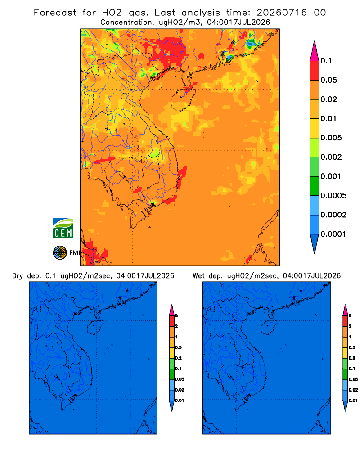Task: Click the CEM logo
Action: pos(63,229)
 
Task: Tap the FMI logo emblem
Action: pos(60,252)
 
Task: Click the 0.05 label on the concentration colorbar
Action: pos(328,80)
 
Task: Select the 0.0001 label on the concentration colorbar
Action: pos(333,234)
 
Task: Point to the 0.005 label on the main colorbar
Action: pos(331,138)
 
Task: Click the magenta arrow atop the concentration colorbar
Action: pos(315,51)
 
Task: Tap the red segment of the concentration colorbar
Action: pos(315,71)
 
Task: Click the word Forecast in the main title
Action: pos(55,13)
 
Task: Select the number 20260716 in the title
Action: pos(282,13)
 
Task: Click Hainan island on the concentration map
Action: pos(183,99)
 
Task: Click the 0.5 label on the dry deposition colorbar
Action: pos(178,347)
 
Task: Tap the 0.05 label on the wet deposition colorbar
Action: pos(353,379)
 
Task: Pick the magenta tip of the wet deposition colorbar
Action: pos(345,310)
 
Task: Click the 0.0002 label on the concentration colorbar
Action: pos(333,215)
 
